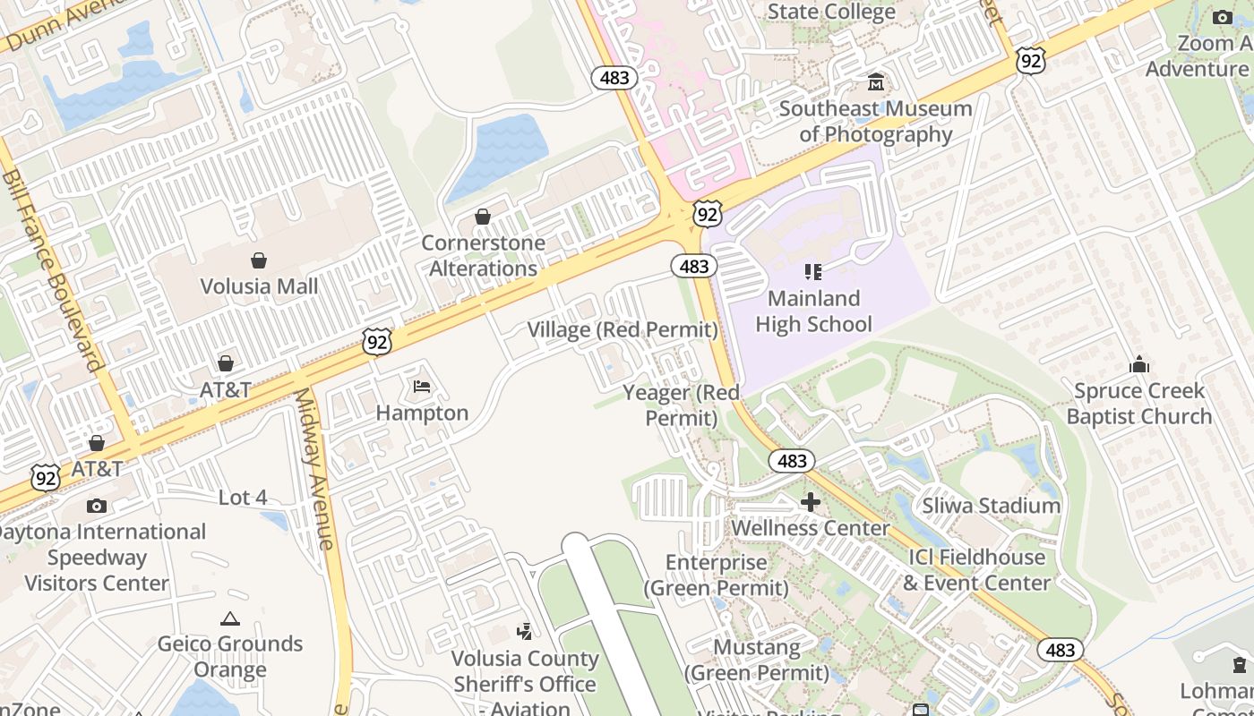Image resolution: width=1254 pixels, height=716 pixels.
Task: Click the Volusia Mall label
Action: point(259,286)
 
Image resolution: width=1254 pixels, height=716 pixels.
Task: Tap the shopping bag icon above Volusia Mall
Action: point(259,260)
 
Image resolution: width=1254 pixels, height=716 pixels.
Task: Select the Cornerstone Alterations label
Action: point(483,255)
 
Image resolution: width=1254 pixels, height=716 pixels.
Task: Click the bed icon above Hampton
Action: point(422,387)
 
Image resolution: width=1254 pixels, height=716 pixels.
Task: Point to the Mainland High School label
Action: point(813,311)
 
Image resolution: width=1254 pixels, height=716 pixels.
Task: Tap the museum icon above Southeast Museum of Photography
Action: point(876,82)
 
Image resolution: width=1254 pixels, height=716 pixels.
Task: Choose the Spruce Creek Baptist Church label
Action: point(1138,404)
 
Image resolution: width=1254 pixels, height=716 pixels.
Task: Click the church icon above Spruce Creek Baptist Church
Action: point(1139,364)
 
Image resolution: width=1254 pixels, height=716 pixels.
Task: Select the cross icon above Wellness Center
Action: point(811,502)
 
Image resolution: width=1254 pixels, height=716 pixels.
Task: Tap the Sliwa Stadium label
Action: point(992,506)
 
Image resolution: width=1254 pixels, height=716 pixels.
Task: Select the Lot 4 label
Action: point(243,498)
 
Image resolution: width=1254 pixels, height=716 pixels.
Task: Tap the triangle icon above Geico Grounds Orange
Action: point(230,618)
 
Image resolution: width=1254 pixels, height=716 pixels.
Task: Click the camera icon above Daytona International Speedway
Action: point(97,506)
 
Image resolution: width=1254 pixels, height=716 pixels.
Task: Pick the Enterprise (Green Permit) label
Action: point(717,575)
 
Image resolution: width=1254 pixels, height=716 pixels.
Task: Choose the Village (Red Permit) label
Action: point(623,330)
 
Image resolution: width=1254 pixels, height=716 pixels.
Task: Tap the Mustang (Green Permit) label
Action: point(757,660)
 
